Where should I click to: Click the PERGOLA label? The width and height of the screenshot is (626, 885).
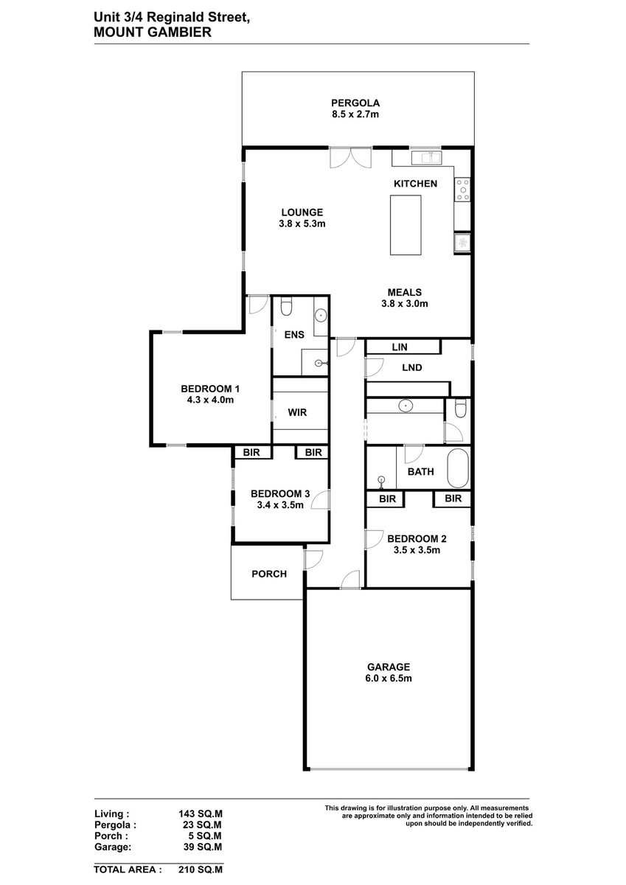355,103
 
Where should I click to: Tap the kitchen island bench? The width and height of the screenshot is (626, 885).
406,225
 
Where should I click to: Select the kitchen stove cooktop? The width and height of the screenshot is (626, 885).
462,190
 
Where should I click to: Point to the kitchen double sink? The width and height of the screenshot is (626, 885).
426,158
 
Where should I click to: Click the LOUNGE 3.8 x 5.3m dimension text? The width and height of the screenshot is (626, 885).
302,223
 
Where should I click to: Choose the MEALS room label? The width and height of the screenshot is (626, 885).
405,292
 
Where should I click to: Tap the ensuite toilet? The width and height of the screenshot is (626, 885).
286,306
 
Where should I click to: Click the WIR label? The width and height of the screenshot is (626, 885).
297,412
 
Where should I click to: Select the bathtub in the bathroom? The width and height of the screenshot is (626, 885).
458,468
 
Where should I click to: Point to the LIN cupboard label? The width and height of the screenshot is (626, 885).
400,347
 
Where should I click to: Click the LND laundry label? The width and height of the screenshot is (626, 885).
412,367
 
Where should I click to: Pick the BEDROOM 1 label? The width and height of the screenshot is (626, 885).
210,389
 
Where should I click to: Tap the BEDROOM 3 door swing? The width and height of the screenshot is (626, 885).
319,500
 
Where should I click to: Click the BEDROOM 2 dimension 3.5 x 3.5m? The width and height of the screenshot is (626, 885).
417,550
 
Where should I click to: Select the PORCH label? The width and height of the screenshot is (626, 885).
269,574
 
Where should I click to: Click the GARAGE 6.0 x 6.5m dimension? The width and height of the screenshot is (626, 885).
389,678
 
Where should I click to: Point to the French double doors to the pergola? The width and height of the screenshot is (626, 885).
351,158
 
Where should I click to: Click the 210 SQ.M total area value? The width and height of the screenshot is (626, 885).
201,870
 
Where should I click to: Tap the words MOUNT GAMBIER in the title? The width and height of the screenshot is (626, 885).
153,32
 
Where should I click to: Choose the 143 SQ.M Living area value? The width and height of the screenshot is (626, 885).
201,814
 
